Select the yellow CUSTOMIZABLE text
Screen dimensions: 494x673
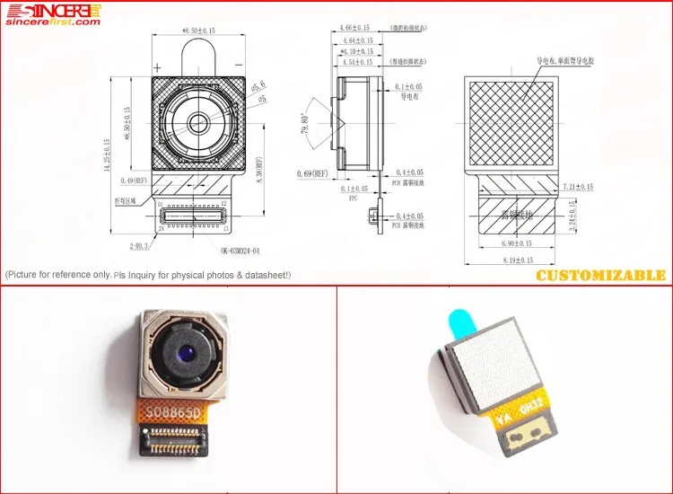600,275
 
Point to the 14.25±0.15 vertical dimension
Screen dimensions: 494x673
107,154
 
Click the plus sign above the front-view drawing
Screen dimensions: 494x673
158,67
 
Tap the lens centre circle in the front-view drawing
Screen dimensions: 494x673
197,122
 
